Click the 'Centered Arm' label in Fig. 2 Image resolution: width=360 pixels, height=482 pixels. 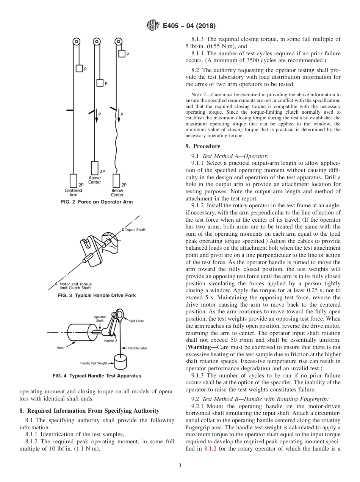[x=73, y=192]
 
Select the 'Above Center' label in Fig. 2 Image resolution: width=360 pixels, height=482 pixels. [x=95, y=180]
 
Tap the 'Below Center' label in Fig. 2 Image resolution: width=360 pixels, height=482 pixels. [x=117, y=192]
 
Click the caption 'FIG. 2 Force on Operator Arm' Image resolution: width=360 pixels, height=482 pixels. [x=97, y=202]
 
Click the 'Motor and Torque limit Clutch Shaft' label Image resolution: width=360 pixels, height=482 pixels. [x=75, y=286]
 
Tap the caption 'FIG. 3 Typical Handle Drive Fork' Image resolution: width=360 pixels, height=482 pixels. [x=97, y=295]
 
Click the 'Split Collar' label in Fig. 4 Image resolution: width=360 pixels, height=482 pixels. [x=136, y=321]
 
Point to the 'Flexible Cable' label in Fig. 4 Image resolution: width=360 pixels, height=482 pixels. [x=137, y=348]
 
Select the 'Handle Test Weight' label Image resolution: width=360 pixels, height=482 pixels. [x=94, y=363]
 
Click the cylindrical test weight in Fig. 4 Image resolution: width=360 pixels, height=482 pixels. [x=120, y=362]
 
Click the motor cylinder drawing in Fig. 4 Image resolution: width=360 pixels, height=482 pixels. [x=78, y=333]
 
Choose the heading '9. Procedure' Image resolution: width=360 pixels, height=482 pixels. [x=207, y=146]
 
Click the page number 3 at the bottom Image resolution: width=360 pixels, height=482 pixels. [x=180, y=466]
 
